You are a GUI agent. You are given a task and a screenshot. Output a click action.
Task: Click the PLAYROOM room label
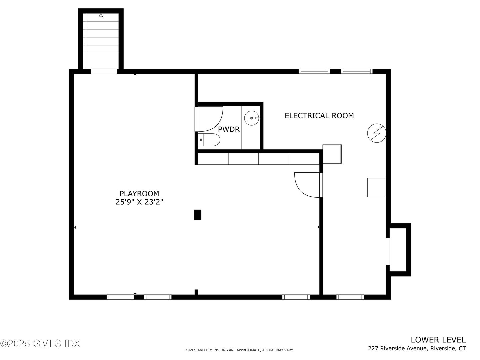pos(139,193)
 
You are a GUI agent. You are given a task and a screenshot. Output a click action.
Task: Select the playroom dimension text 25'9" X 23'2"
pos(139,202)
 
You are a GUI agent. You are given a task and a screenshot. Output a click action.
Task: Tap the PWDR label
pos(229,129)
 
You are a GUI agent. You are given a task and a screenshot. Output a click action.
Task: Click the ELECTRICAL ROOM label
pos(319,116)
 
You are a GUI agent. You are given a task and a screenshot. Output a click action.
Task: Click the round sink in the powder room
pos(251,118)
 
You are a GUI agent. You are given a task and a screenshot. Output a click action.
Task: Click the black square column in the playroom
pos(198,215)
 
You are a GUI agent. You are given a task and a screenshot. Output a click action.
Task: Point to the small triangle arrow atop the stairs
pos(101,15)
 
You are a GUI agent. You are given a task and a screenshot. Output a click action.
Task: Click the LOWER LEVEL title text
pos(438,340)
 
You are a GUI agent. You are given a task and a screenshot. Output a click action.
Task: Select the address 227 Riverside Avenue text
pos(417,349)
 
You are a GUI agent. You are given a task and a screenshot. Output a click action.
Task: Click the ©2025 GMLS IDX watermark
pos(40,343)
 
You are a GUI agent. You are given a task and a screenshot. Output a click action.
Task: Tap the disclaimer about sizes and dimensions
pos(240,350)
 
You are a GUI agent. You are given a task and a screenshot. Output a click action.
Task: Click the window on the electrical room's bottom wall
pos(350,297)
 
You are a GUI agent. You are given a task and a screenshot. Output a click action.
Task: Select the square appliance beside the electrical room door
pos(332,154)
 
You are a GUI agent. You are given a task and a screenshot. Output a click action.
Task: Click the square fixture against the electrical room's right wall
pos(377,187)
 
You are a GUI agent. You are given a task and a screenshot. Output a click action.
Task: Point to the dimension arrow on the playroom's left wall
pos(75,227)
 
